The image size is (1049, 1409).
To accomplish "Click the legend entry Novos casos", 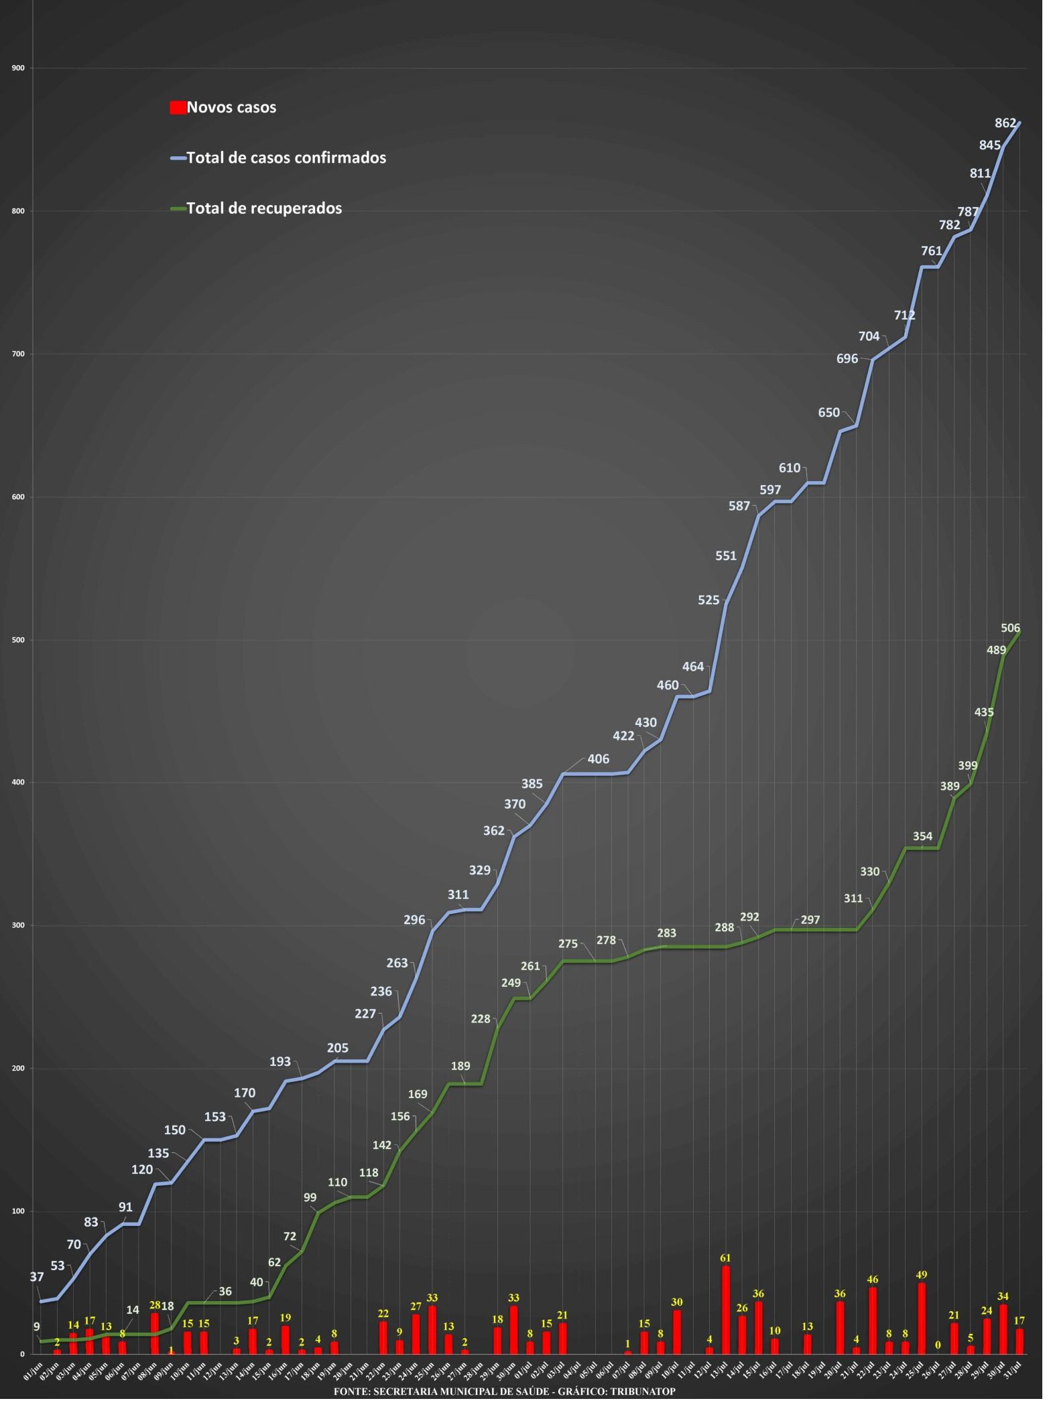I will (x=231, y=107).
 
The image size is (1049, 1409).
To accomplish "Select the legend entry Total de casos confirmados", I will (x=286, y=157).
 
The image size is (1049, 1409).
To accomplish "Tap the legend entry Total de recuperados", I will (x=264, y=208).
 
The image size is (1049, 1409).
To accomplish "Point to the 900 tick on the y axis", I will (x=18, y=68).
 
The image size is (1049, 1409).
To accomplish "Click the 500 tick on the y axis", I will (x=18, y=640).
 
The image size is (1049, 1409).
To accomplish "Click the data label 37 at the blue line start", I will (x=37, y=1277).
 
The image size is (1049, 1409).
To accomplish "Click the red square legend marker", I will (x=178, y=107).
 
